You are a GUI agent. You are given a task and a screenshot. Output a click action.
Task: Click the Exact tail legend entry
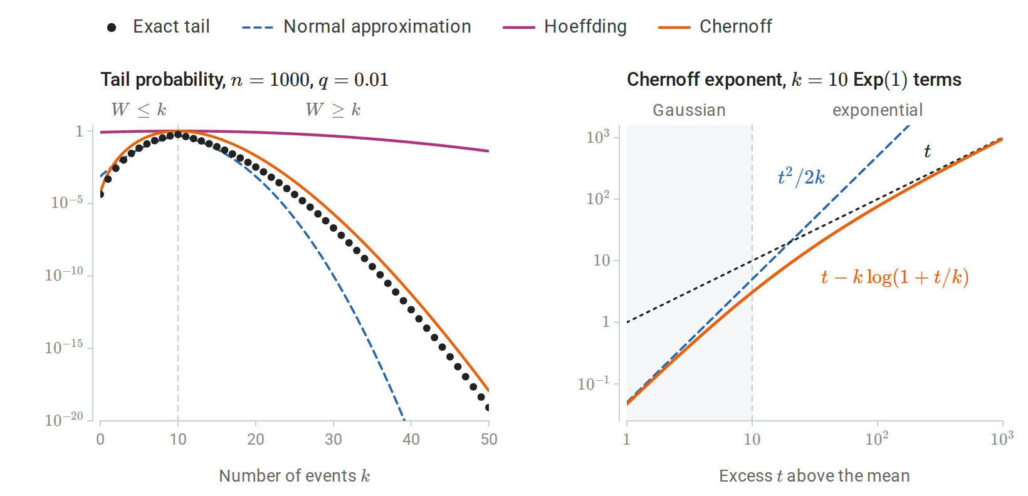pyautogui.click(x=159, y=26)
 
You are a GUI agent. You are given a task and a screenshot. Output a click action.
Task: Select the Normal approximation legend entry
pyautogui.click(x=357, y=26)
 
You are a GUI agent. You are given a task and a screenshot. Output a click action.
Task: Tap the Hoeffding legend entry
pyautogui.click(x=565, y=26)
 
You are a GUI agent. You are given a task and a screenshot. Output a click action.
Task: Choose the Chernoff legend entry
pyautogui.click(x=715, y=26)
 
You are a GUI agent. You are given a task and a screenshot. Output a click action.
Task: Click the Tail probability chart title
pyautogui.click(x=244, y=80)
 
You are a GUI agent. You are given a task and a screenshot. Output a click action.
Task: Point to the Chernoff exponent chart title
pyautogui.click(x=794, y=80)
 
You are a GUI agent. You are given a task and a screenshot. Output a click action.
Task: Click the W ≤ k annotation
pyautogui.click(x=139, y=110)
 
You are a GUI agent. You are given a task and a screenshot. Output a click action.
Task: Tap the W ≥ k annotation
pyautogui.click(x=333, y=110)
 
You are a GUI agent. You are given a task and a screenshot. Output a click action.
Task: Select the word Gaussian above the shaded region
pyautogui.click(x=689, y=110)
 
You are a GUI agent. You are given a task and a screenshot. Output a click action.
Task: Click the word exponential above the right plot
pyautogui.click(x=878, y=110)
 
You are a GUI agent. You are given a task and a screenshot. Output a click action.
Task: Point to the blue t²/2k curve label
pyautogui.click(x=801, y=177)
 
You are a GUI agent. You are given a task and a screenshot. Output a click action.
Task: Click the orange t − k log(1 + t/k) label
pyautogui.click(x=895, y=277)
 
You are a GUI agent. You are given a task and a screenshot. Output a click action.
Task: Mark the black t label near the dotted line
pyautogui.click(x=927, y=152)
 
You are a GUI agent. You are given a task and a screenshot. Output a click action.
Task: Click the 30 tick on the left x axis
pyautogui.click(x=333, y=439)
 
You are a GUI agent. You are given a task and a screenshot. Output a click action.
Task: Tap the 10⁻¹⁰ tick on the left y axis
pyautogui.click(x=64, y=274)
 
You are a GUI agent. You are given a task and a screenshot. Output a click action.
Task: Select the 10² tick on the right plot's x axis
pyautogui.click(x=876, y=439)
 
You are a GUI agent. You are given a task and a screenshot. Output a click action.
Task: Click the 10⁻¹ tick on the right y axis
pyautogui.click(x=594, y=383)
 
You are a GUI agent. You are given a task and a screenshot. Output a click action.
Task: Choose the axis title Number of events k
pyautogui.click(x=295, y=476)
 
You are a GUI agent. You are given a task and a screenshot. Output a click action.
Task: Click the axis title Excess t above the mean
pyautogui.click(x=814, y=476)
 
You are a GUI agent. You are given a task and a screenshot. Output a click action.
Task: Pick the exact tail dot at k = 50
pyautogui.click(x=488, y=408)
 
